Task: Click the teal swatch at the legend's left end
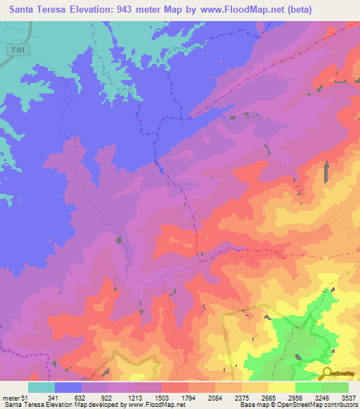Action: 41,387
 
